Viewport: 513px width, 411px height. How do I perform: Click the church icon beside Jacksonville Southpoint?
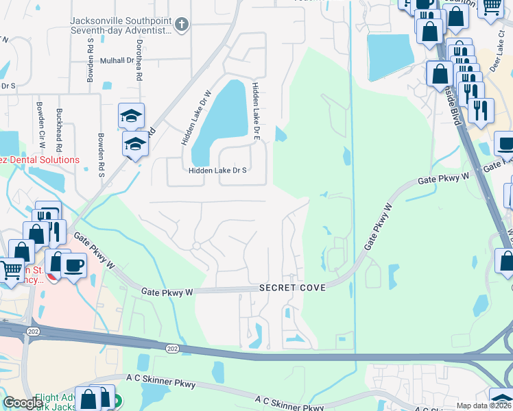pyautogui.click(x=181, y=25)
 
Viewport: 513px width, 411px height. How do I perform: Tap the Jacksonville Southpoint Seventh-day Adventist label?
pyautogui.click(x=119, y=26)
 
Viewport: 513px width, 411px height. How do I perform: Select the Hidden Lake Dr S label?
pyautogui.click(x=217, y=171)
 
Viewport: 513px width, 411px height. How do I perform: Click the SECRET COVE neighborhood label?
pyautogui.click(x=291, y=288)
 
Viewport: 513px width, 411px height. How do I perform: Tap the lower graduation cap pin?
pyautogui.click(x=135, y=145)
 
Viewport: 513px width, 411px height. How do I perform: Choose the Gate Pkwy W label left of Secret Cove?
pyautogui.click(x=168, y=292)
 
